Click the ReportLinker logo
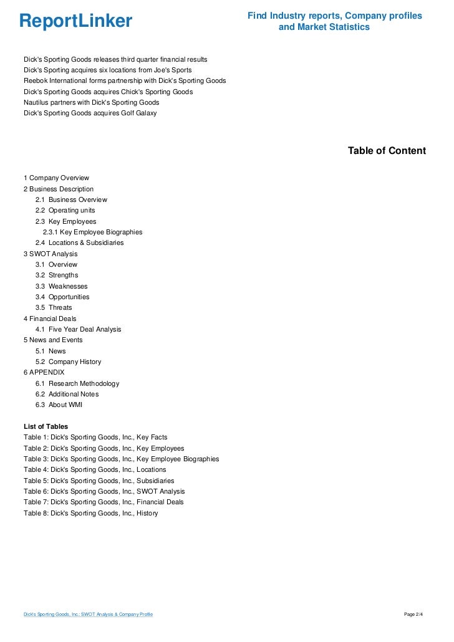coord(75,21)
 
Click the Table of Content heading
coord(387,151)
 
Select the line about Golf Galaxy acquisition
coord(90,113)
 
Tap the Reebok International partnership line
coord(124,81)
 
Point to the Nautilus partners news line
coord(91,102)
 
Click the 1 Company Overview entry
coord(56,178)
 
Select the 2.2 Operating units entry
coord(65,210)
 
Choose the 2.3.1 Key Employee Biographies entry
coord(92,232)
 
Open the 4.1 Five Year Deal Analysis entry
coord(78,329)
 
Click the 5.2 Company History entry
coord(68,362)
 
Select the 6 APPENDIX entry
coord(44,372)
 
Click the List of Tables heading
coord(46,426)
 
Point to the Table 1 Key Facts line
coord(95,437)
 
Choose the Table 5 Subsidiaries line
coord(99,481)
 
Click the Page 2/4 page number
coord(413,615)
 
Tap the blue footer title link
coord(88,615)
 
